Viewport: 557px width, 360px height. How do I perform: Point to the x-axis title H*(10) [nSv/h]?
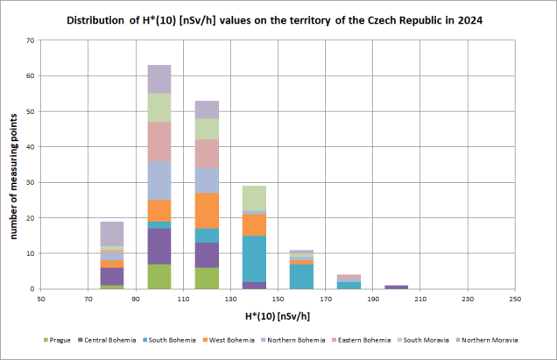278,314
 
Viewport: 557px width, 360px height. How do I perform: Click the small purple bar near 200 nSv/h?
396,287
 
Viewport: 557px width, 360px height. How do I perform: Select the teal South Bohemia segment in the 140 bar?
254,258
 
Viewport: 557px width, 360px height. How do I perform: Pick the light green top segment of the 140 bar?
254,198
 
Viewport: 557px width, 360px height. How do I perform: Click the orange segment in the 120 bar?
207,210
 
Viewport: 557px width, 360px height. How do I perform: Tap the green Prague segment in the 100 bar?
159,276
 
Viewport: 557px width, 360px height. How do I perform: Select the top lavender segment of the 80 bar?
112,233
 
